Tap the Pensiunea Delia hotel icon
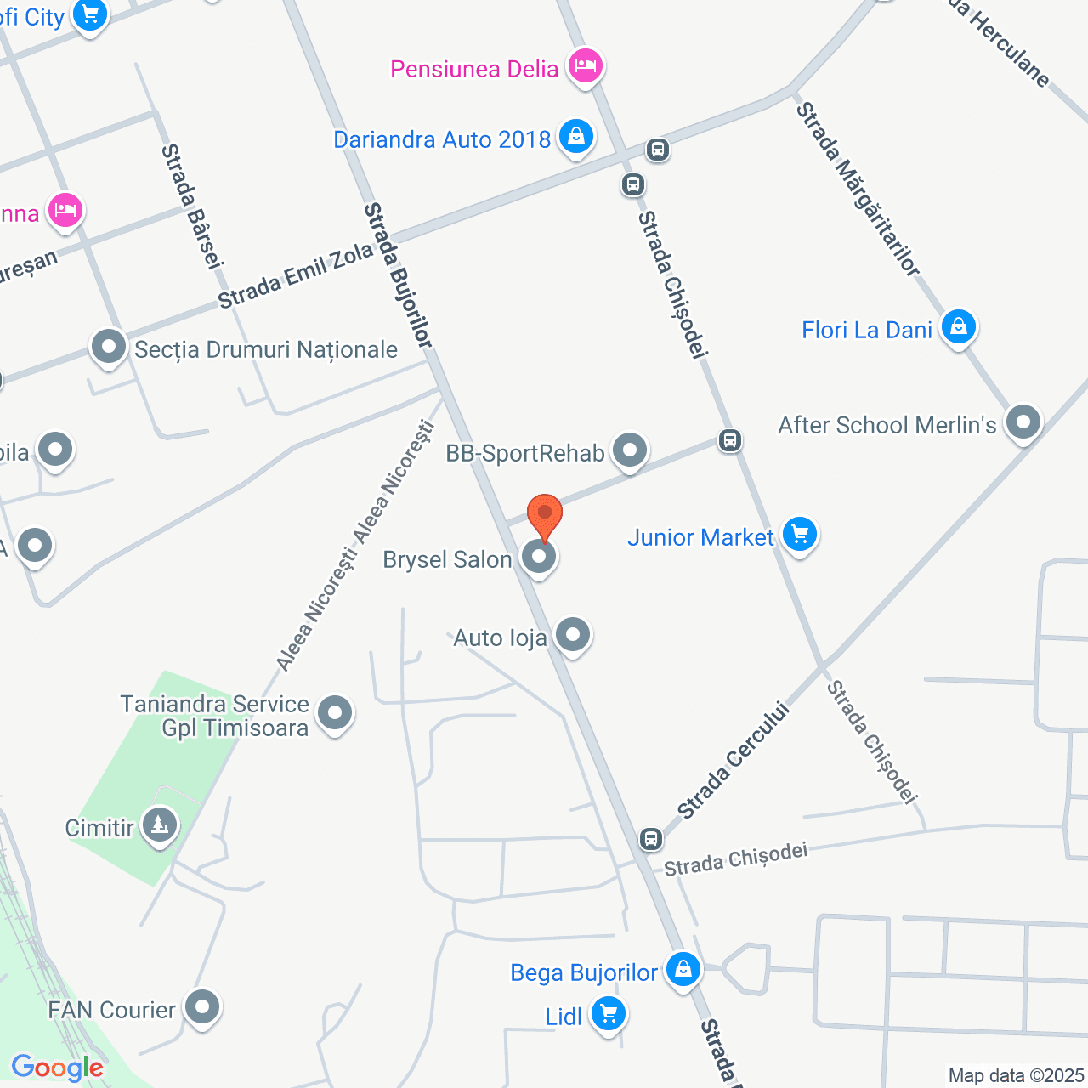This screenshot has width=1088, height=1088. point(585,65)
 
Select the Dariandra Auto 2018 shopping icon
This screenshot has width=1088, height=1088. point(575,137)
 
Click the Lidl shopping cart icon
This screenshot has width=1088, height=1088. point(608,1013)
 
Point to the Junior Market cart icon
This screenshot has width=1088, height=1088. point(799,535)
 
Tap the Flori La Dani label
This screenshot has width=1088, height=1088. point(867,330)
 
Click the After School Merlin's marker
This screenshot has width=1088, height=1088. point(1023,422)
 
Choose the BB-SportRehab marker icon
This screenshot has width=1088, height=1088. point(630,450)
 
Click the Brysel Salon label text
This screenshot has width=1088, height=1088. point(447,559)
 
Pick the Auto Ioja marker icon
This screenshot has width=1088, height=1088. point(573,634)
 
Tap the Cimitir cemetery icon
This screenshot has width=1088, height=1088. point(159,824)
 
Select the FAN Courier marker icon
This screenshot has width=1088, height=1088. point(202,1007)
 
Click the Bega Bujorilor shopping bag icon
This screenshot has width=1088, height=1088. point(683,969)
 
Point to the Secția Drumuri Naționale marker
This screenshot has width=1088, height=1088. point(109,347)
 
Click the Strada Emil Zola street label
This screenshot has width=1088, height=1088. point(295,275)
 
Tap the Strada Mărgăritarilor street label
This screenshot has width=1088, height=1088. point(858,189)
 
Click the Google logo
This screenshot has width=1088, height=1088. point(57,1068)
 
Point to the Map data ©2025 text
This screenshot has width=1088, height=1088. point(1016,1075)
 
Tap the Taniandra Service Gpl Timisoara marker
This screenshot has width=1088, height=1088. point(335,713)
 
